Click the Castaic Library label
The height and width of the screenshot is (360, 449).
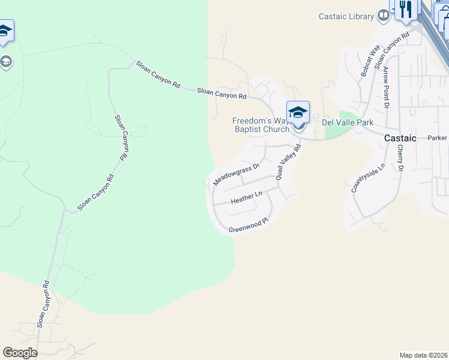(x=346, y=16)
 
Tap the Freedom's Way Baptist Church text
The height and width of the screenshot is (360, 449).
(x=261, y=125)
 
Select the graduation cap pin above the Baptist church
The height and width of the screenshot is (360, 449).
(x=298, y=112)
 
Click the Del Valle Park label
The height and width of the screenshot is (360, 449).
(x=348, y=122)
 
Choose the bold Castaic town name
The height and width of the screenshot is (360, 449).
(x=400, y=138)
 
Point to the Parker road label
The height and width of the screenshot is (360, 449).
(x=438, y=138)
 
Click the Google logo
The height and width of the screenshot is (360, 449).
(x=20, y=353)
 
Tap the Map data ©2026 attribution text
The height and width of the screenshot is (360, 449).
(x=423, y=355)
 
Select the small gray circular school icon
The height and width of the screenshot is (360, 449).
(x=6, y=62)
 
